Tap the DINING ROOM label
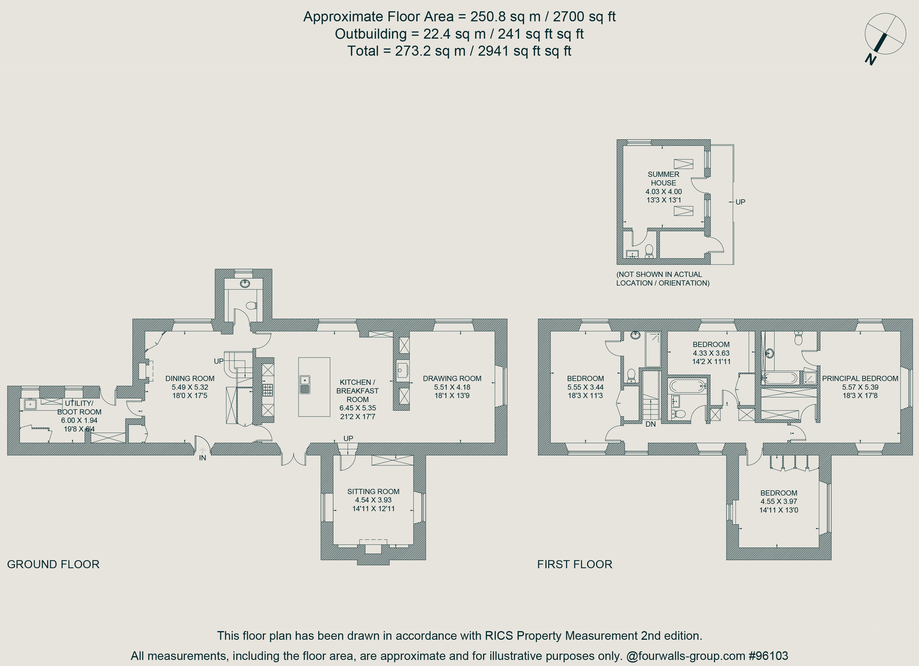[x=190, y=378]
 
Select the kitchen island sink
[x=305, y=384]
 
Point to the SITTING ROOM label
[x=373, y=491]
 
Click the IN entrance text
[x=203, y=458]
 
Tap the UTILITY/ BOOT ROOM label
[x=79, y=408]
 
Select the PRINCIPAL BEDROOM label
[x=860, y=378]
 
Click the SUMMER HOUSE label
[x=663, y=179]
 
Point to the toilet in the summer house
[x=649, y=251]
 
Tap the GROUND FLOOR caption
[x=53, y=564]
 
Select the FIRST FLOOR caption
[x=575, y=564]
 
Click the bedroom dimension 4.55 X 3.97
[x=778, y=501]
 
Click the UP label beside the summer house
[x=740, y=202]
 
